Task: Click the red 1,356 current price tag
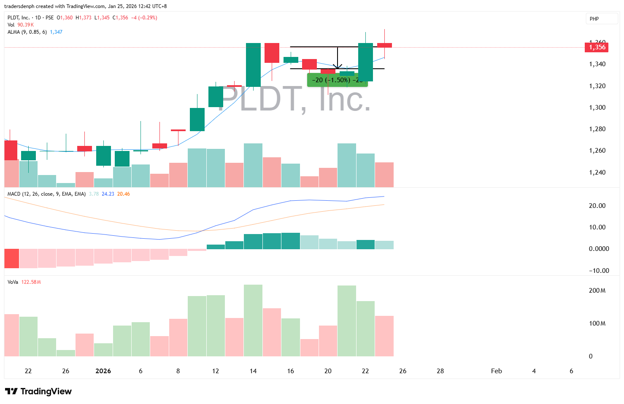[x=596, y=47]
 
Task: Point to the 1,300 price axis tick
[x=597, y=108]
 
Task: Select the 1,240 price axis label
[x=597, y=172]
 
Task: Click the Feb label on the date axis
[x=496, y=371]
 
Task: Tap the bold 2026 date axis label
[x=103, y=371]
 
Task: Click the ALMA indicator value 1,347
[x=56, y=32]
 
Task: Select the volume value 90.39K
[x=25, y=25]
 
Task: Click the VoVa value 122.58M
[x=31, y=282]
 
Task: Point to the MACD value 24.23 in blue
[x=108, y=194]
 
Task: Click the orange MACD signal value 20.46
[x=123, y=194]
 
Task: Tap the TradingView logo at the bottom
[x=38, y=391]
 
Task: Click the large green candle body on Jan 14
[x=253, y=65]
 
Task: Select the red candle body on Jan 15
[x=272, y=53]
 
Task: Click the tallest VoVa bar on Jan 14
[x=253, y=321]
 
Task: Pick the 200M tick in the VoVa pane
[x=597, y=291]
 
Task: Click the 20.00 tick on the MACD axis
[x=597, y=206]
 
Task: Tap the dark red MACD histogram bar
[x=11, y=258]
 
